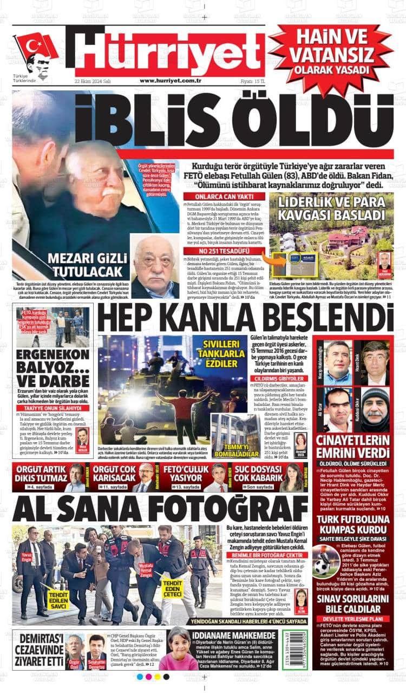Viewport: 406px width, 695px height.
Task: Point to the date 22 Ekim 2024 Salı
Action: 93,81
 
